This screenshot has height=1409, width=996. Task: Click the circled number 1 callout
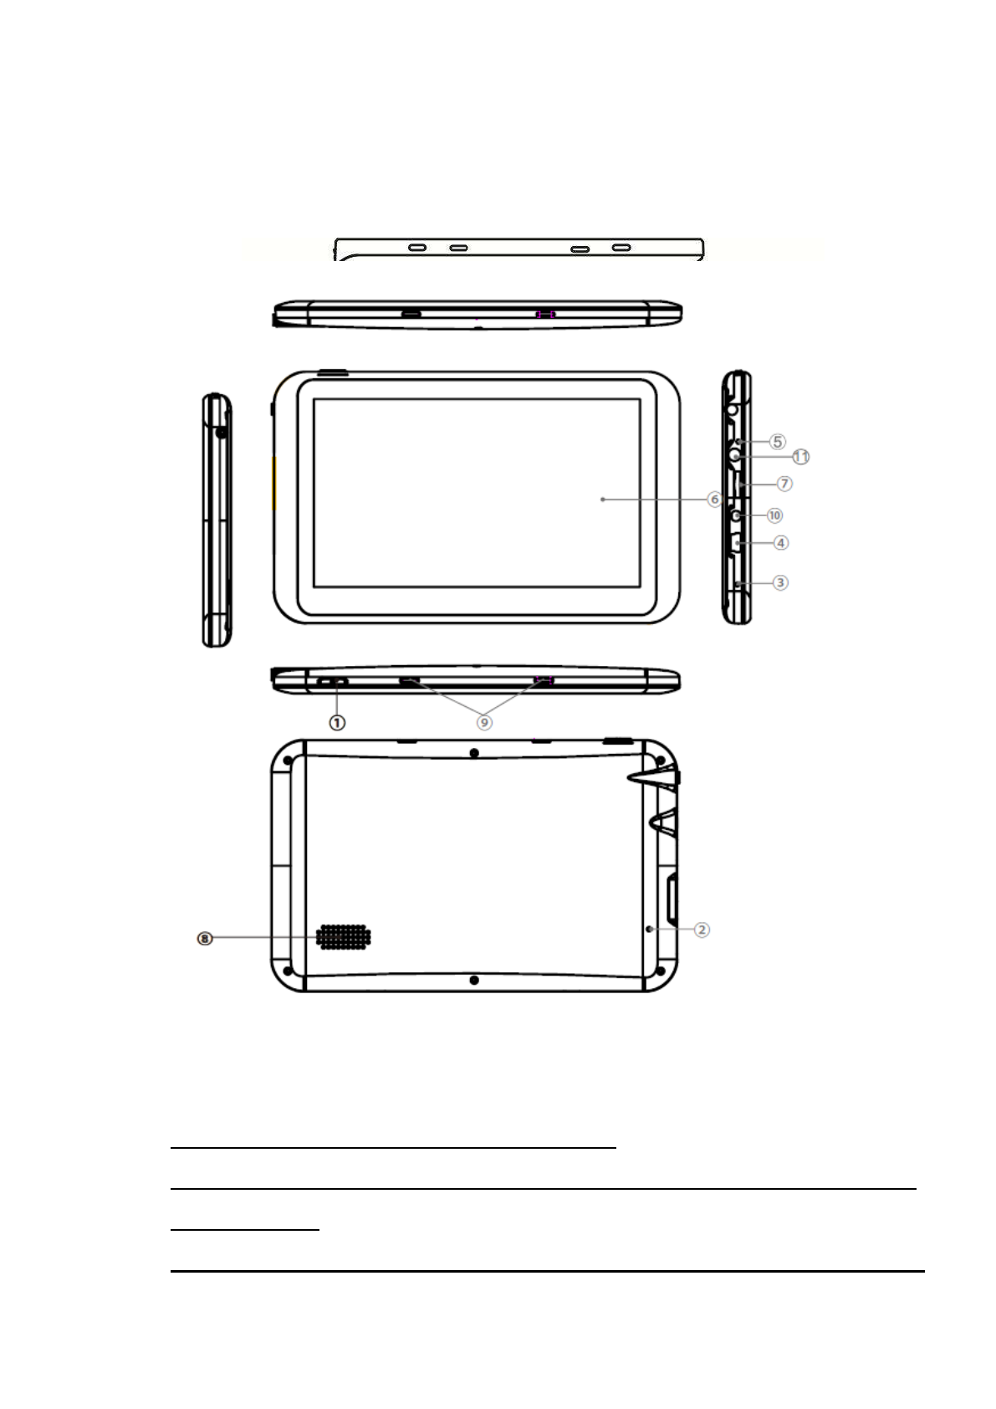[x=337, y=723]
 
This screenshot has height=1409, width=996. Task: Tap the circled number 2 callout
[x=702, y=930]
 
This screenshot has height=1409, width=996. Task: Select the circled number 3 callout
[x=780, y=582]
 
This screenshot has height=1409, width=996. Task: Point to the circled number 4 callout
[x=781, y=542]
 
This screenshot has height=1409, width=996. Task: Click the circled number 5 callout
[x=778, y=442]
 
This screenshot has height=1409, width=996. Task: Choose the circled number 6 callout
[x=714, y=500]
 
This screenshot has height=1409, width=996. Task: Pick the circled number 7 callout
[x=784, y=484]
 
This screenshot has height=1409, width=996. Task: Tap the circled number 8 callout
[x=205, y=939]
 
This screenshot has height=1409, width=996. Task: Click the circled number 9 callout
[x=484, y=723]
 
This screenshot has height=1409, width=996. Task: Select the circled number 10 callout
[x=774, y=515]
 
